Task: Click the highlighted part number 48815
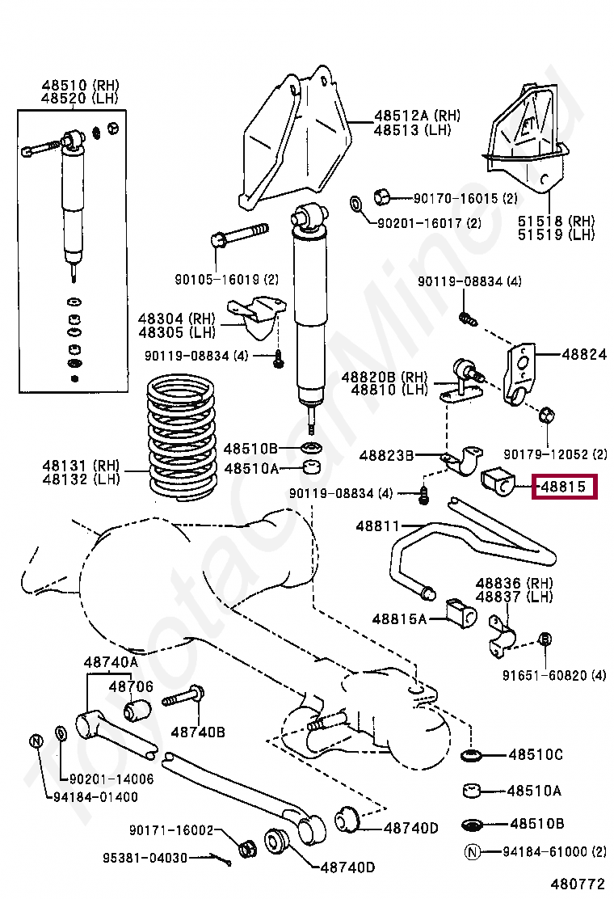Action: click(564, 487)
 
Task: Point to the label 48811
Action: click(377, 526)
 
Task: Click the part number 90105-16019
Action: click(216, 280)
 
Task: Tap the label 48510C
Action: click(535, 755)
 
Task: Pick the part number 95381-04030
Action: click(145, 857)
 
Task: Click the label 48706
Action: click(131, 686)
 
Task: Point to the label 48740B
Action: click(197, 732)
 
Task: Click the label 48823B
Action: click(386, 455)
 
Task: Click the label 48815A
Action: click(399, 618)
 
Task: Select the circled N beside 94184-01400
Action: click(36, 741)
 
